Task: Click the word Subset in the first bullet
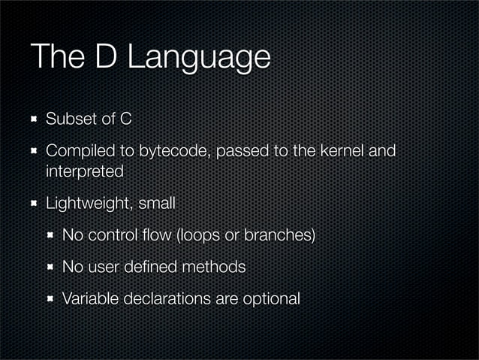click(x=70, y=119)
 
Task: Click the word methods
click(x=216, y=267)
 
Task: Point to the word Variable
click(x=86, y=298)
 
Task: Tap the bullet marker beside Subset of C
click(x=33, y=119)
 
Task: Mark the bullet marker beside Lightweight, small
click(x=33, y=204)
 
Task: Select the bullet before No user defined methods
click(x=50, y=267)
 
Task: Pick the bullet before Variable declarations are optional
click(x=50, y=299)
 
